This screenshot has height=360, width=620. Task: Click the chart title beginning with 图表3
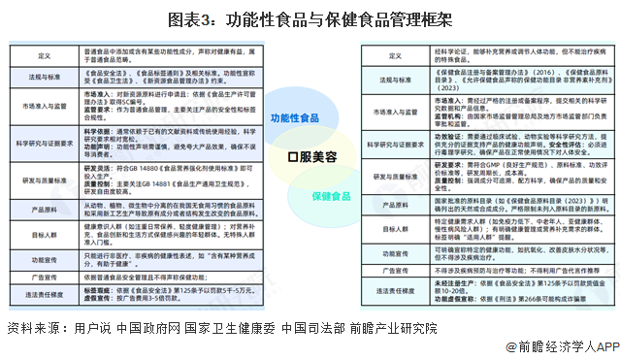(310, 17)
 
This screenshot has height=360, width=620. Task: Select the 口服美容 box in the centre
(310, 155)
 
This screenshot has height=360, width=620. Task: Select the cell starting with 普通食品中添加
(171, 57)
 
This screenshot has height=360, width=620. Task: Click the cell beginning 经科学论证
(491, 57)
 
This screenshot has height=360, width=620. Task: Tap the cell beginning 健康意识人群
(171, 235)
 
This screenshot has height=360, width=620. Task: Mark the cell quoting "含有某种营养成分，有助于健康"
(171, 260)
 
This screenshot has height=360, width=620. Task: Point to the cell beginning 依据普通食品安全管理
(171, 278)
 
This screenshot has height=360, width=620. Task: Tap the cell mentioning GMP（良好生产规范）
(491, 178)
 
